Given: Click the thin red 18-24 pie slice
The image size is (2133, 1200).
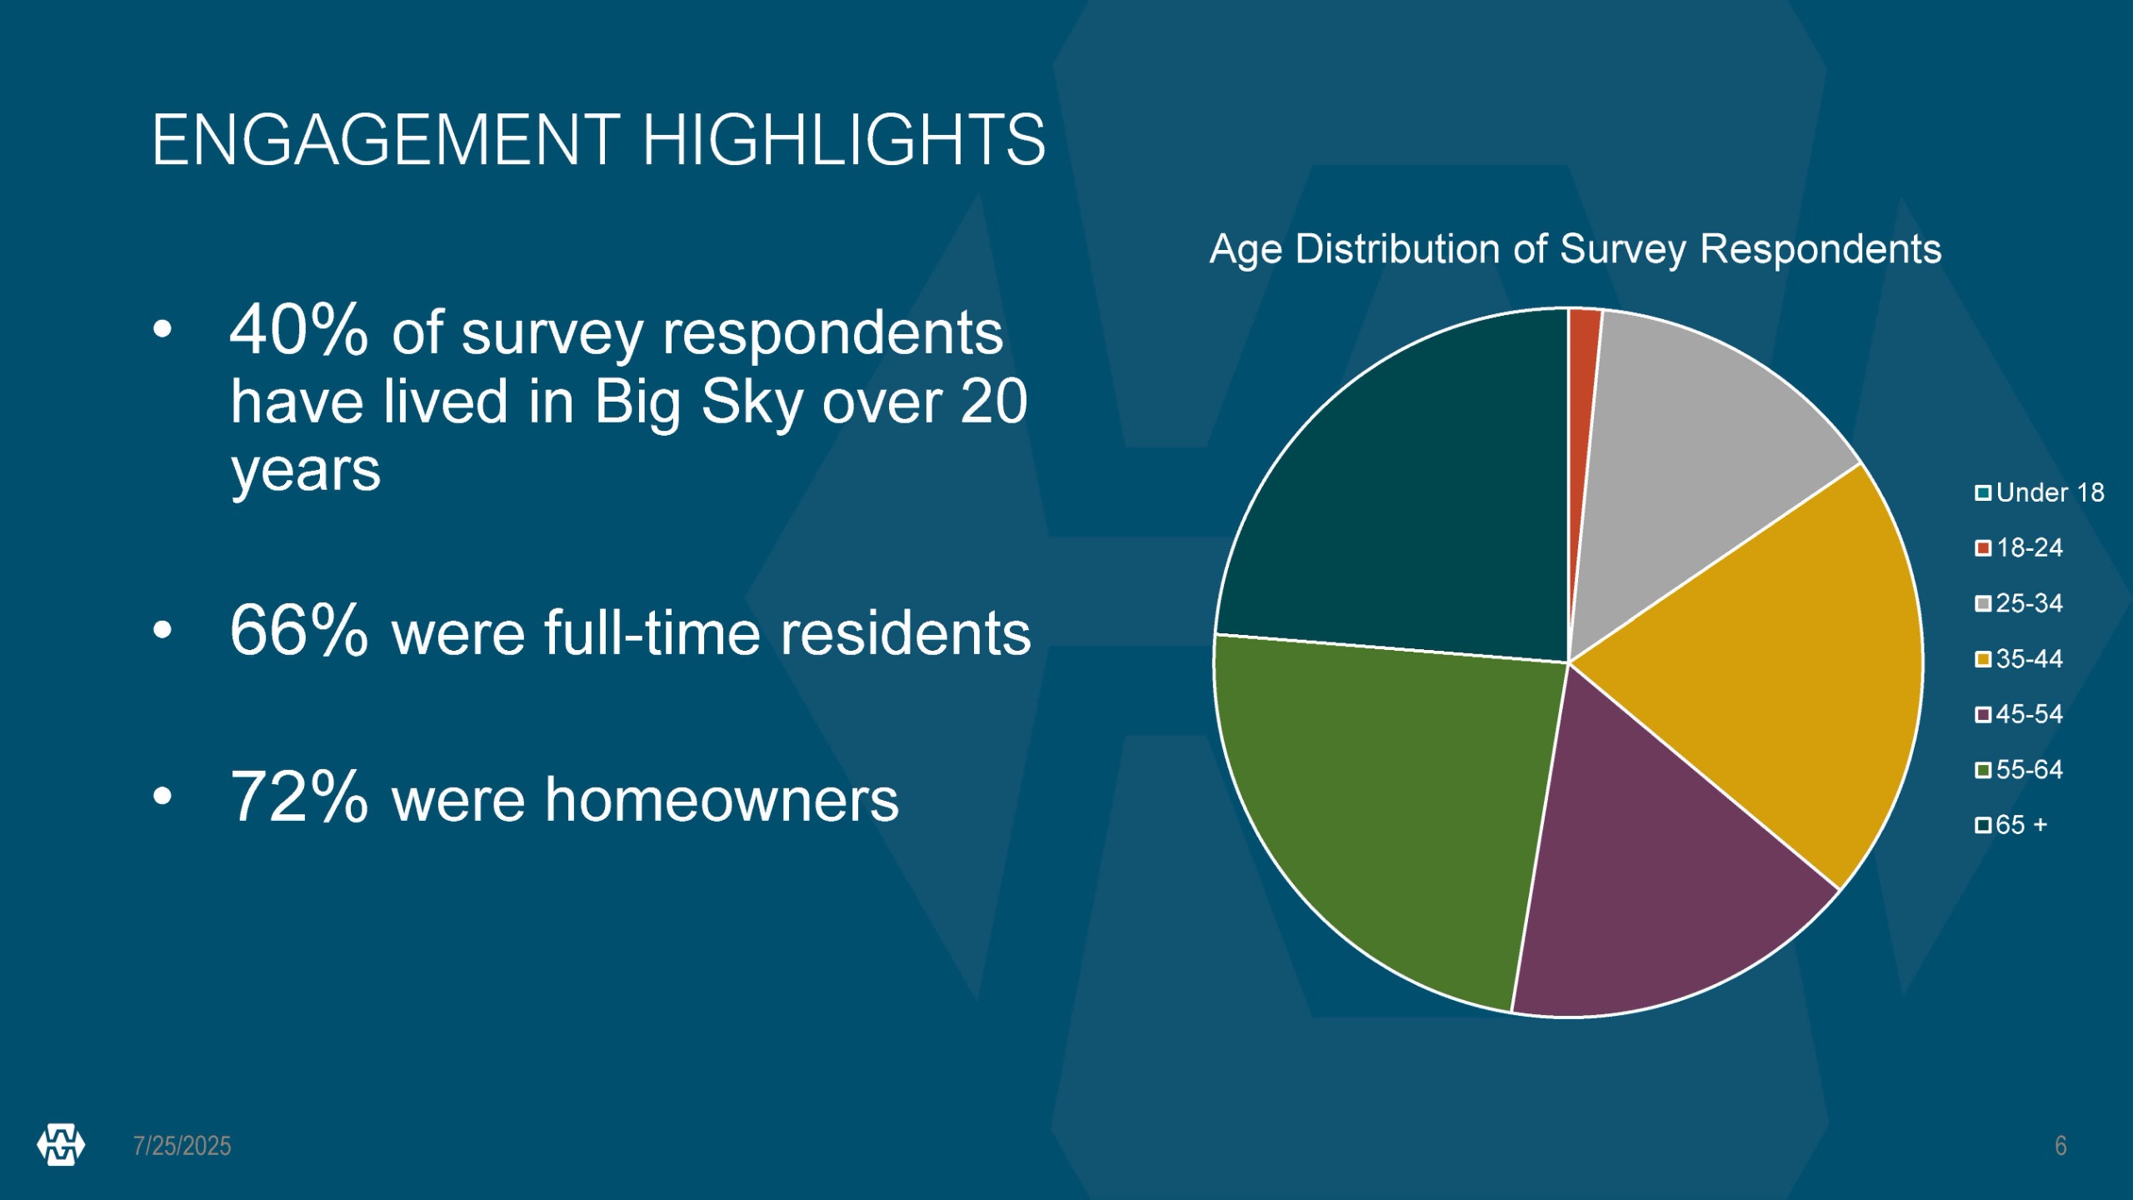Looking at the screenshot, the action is pyautogui.click(x=1582, y=433).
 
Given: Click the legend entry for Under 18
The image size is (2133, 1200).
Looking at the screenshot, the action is pyautogui.click(x=2040, y=492).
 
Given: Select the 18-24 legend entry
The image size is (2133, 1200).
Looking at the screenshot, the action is pyautogui.click(x=2019, y=547).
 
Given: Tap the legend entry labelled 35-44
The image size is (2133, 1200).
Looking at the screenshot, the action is pyautogui.click(x=2019, y=658).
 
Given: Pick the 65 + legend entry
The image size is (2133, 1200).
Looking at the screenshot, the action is pyautogui.click(x=2011, y=824).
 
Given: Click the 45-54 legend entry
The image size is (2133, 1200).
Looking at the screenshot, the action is pyautogui.click(x=2019, y=713).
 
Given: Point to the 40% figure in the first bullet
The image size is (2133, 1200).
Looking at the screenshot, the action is pyautogui.click(x=298, y=330).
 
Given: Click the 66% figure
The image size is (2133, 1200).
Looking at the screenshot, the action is pyautogui.click(x=298, y=630).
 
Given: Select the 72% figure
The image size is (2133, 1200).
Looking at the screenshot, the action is pyautogui.click(x=298, y=797).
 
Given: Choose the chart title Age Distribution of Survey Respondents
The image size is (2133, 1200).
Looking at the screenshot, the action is pyautogui.click(x=1576, y=249).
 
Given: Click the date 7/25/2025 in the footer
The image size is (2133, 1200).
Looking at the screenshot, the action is pyautogui.click(x=182, y=1146).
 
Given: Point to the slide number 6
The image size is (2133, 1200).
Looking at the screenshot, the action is pyautogui.click(x=2061, y=1146).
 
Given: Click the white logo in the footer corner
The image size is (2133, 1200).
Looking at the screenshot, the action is pyautogui.click(x=61, y=1145).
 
